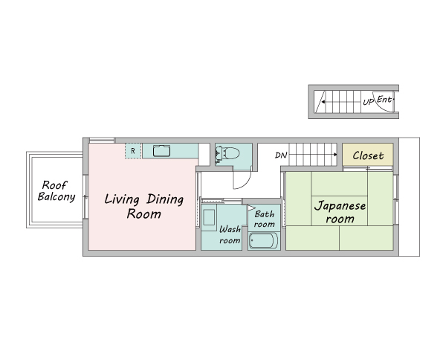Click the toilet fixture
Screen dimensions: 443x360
227,154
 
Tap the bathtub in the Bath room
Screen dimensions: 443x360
263,241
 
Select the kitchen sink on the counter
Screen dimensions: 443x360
161,151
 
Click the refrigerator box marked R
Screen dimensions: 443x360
133,151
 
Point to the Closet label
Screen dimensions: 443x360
368,155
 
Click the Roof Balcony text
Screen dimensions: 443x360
56,191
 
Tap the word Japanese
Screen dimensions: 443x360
340,205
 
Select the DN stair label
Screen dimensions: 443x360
281,155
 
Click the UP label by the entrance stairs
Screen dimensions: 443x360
369,101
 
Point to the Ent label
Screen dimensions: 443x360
385,100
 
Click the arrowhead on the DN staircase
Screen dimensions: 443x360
335,155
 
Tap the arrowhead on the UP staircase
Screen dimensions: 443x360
323,102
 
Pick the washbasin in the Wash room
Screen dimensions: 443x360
209,217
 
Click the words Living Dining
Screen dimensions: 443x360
144,199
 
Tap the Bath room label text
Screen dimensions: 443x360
265,219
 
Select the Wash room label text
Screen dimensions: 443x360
230,235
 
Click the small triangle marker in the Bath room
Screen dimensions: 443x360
251,208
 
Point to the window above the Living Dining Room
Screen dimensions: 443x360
102,141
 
